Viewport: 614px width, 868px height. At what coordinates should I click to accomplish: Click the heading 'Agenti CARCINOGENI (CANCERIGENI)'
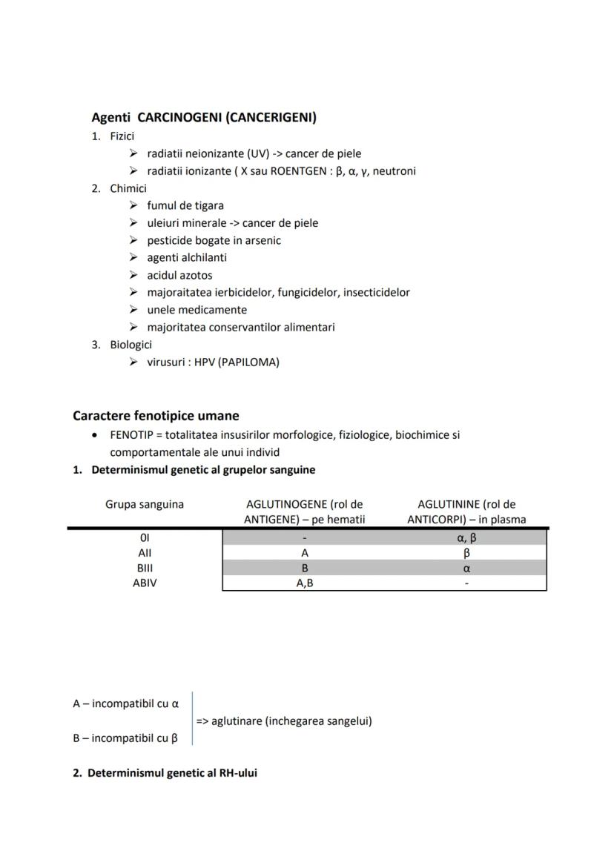(x=203, y=117)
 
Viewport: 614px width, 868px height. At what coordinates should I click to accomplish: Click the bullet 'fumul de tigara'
(x=185, y=205)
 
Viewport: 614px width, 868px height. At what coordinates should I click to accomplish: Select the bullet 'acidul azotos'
(x=179, y=275)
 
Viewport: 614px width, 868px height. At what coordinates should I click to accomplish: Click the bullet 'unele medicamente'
(x=197, y=310)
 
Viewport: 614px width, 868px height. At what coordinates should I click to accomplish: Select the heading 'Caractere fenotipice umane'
(x=156, y=416)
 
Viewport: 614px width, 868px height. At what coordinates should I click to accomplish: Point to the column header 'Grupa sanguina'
(x=145, y=505)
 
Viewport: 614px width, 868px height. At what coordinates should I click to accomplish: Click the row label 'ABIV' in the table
(x=145, y=583)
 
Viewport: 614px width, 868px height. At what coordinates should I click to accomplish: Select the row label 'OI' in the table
(x=145, y=537)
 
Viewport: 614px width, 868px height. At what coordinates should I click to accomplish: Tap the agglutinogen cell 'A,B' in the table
(x=305, y=583)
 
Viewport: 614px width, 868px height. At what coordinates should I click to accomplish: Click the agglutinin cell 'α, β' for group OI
(x=466, y=538)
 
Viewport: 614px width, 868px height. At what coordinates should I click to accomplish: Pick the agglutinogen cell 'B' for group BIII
(x=305, y=569)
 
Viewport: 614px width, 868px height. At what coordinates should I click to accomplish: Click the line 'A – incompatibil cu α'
(x=126, y=703)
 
